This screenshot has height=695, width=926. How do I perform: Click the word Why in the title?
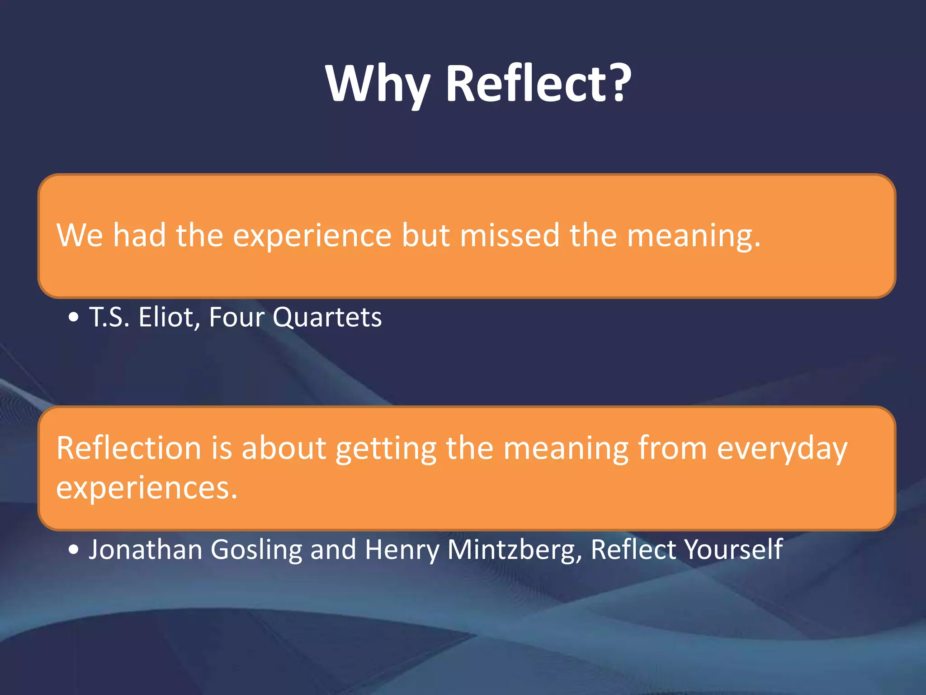[378, 84]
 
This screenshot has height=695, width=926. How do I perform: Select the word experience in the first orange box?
[312, 236]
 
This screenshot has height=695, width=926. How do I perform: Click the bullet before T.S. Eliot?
[74, 318]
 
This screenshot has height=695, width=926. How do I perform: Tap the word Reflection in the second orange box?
[129, 448]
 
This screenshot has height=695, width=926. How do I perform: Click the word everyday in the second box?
[782, 449]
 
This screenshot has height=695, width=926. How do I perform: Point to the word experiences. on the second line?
[147, 489]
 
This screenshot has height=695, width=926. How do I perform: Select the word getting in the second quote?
[386, 449]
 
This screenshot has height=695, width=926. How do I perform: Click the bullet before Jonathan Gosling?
[74, 550]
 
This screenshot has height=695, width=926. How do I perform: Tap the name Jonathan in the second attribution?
[145, 549]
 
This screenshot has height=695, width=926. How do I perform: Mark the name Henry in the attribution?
[402, 550]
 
